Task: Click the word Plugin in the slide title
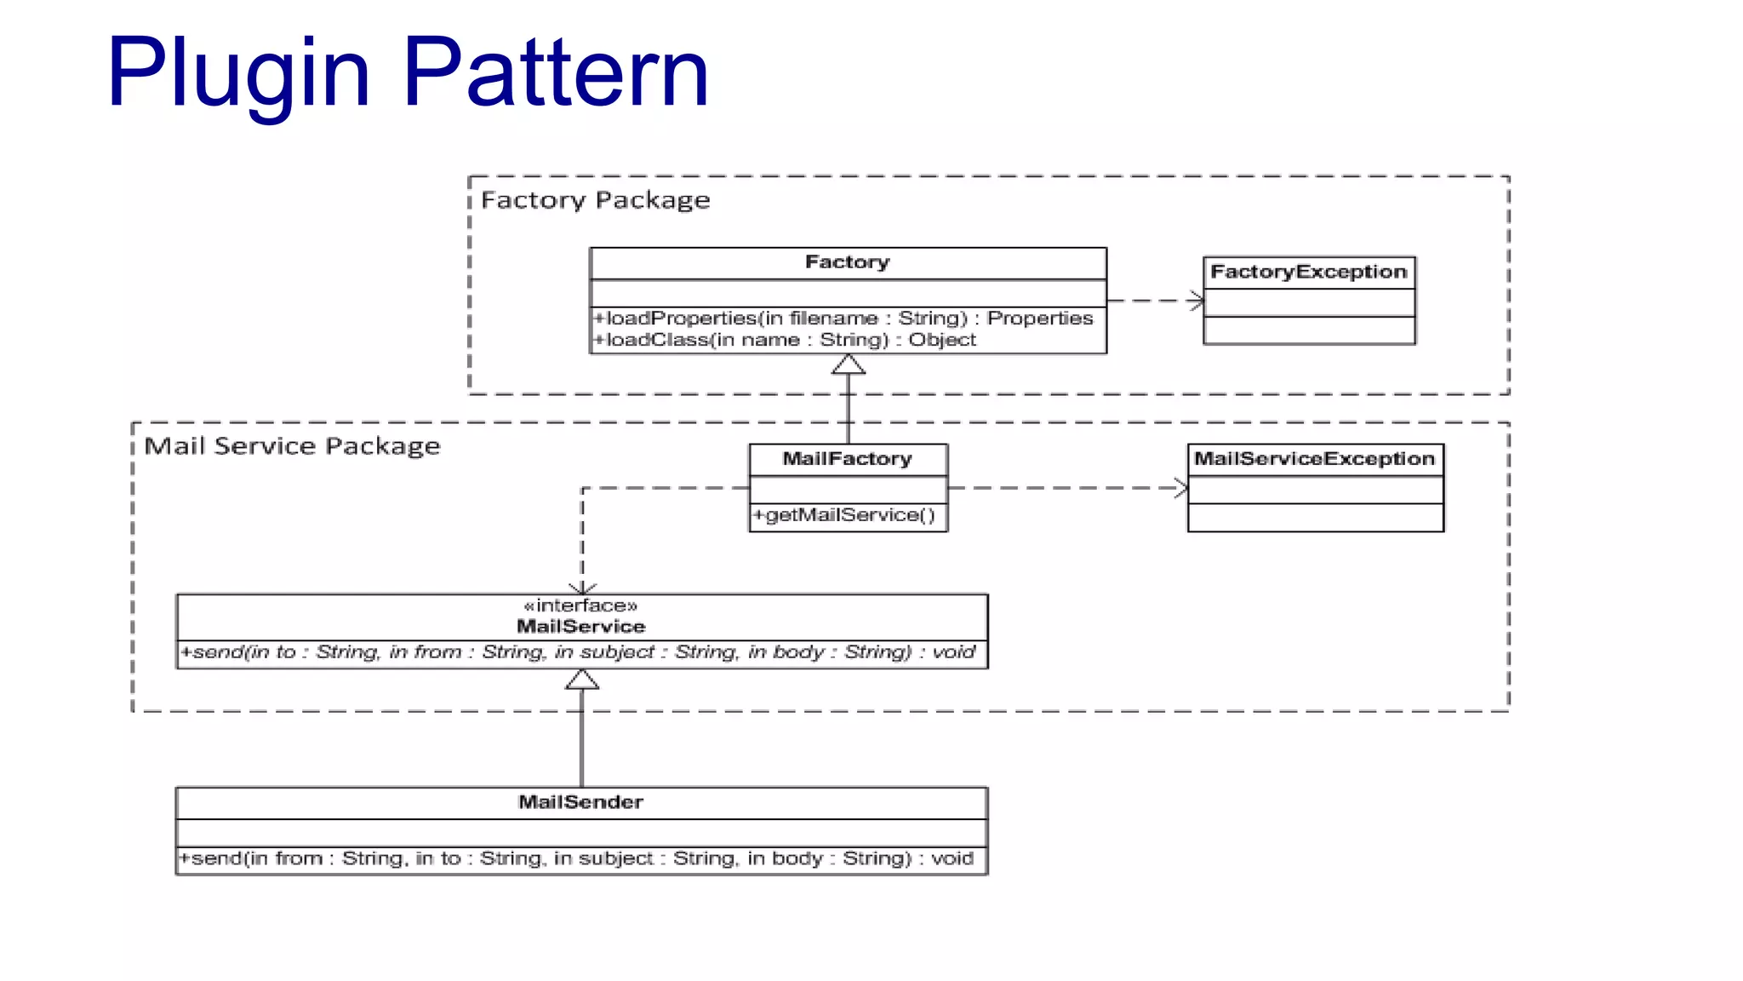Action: tap(238, 75)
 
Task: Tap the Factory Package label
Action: tap(595, 200)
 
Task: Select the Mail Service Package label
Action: tap(292, 446)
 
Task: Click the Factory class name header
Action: tap(848, 262)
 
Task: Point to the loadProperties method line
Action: tap(843, 318)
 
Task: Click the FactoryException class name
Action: tap(1309, 272)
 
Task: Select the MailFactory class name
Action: tap(848, 459)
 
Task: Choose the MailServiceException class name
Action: tap(1315, 459)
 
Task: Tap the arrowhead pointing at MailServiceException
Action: tap(1182, 488)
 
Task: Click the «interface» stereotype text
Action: tap(581, 605)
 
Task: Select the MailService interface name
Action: tap(581, 627)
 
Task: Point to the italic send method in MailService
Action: tap(578, 652)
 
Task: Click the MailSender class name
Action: tap(581, 802)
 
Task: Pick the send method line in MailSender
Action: tap(576, 858)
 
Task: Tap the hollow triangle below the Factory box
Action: tap(849, 365)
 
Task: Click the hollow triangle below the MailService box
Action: tap(582, 680)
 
